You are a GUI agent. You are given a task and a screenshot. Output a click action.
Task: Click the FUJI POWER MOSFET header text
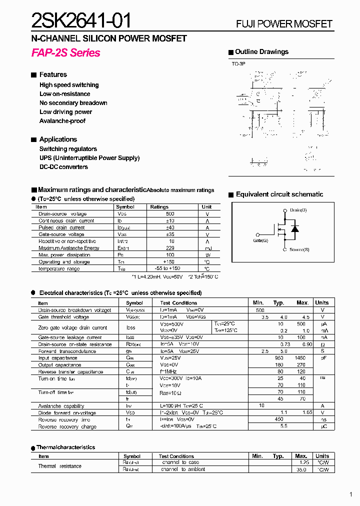(x=284, y=24)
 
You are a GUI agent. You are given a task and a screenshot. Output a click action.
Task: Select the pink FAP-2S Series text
(x=65, y=53)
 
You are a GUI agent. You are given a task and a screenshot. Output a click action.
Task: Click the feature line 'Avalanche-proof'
(x=62, y=121)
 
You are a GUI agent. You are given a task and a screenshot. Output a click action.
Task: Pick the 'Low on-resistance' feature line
(x=65, y=94)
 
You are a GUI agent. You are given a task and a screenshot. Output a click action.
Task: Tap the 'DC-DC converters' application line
(x=63, y=167)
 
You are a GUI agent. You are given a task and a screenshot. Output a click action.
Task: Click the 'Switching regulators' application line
(x=68, y=149)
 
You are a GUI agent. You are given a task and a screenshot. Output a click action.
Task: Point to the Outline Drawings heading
(x=261, y=52)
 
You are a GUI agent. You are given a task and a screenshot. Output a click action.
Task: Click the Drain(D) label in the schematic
(x=298, y=210)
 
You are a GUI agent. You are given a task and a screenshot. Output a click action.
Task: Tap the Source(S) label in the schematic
(x=299, y=249)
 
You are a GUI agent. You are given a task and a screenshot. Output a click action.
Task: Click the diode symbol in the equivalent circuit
(x=294, y=229)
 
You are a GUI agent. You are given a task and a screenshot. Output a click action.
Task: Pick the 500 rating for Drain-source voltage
(x=170, y=214)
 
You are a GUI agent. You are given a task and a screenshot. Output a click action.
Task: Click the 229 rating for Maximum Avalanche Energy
(x=170, y=248)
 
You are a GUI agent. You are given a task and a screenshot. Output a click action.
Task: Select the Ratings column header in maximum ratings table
(x=159, y=206)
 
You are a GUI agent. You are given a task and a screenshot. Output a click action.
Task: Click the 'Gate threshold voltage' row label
(x=63, y=317)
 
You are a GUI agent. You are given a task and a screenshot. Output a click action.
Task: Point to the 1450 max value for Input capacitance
(x=300, y=358)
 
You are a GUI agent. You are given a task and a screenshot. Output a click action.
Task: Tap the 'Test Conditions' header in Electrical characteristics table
(x=178, y=303)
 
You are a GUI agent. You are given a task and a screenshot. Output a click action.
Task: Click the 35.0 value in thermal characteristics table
(x=301, y=469)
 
